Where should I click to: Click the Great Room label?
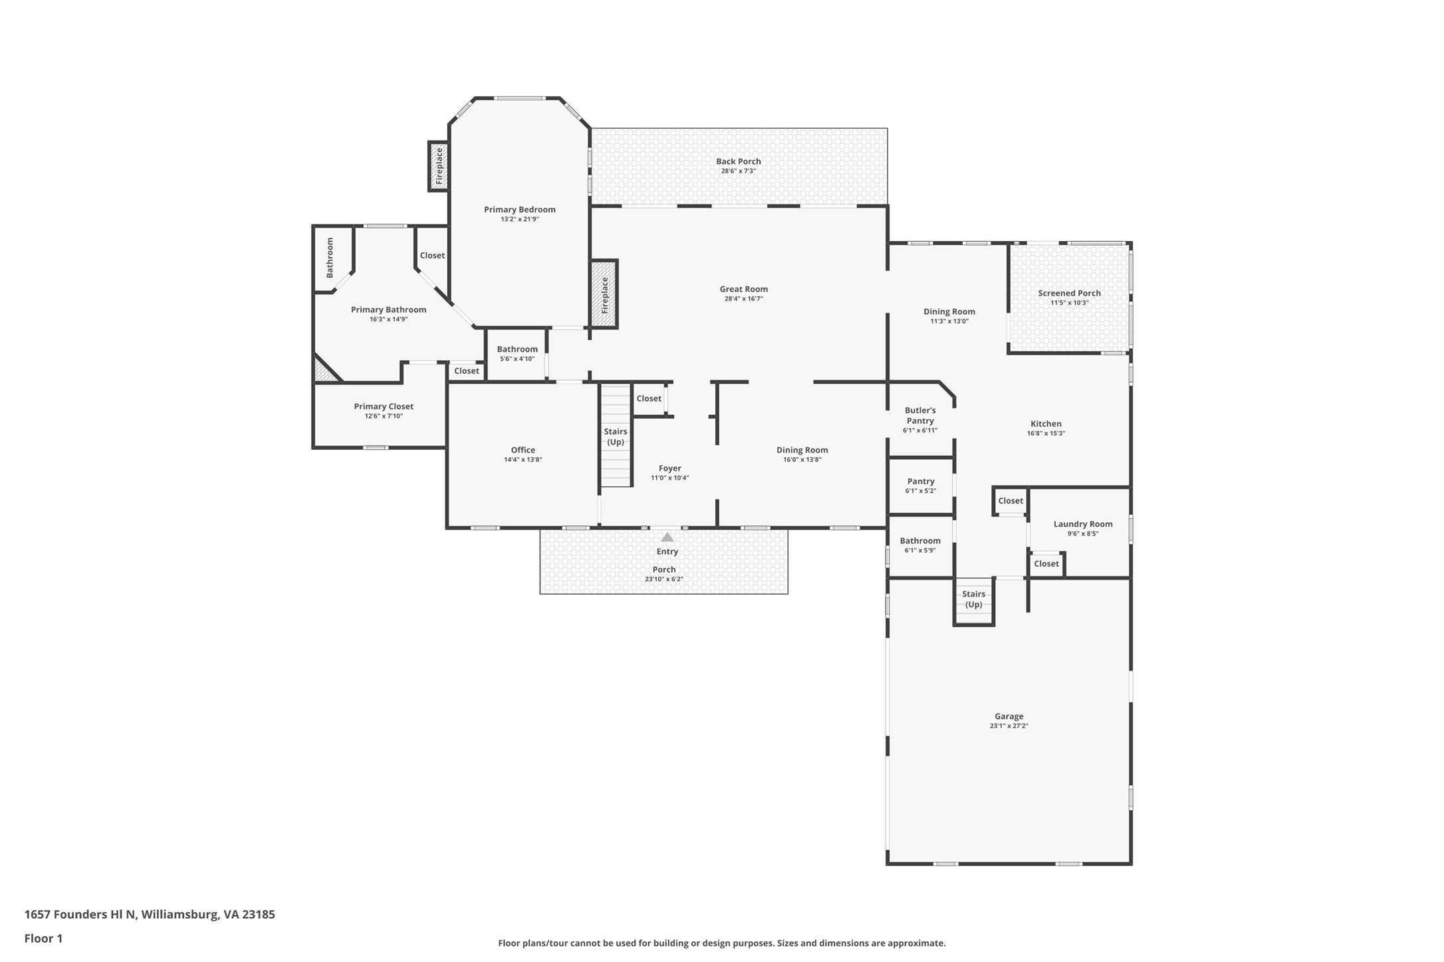(x=743, y=289)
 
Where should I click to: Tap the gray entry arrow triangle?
(x=667, y=537)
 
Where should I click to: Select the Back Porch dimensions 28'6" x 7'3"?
(x=739, y=171)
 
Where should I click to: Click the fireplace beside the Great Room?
(x=604, y=294)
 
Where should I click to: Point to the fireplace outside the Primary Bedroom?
(x=439, y=166)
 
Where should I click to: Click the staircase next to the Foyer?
(x=616, y=436)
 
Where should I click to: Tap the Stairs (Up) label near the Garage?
(x=974, y=599)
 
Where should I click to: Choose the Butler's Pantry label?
(x=920, y=415)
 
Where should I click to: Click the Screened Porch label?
(x=1070, y=293)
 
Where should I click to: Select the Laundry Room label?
(x=1083, y=524)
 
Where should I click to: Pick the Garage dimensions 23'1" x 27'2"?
(x=1009, y=726)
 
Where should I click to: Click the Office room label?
(x=523, y=450)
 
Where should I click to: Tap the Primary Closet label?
(x=384, y=407)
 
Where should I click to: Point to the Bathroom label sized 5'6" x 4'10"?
(x=517, y=349)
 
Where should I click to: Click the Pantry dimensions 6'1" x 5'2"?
(x=921, y=491)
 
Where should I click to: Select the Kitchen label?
(x=1046, y=424)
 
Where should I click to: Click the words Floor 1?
(x=43, y=939)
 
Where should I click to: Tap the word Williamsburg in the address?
(x=180, y=914)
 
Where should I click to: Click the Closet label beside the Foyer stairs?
(x=649, y=399)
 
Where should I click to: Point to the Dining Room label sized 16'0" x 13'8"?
(x=802, y=450)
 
